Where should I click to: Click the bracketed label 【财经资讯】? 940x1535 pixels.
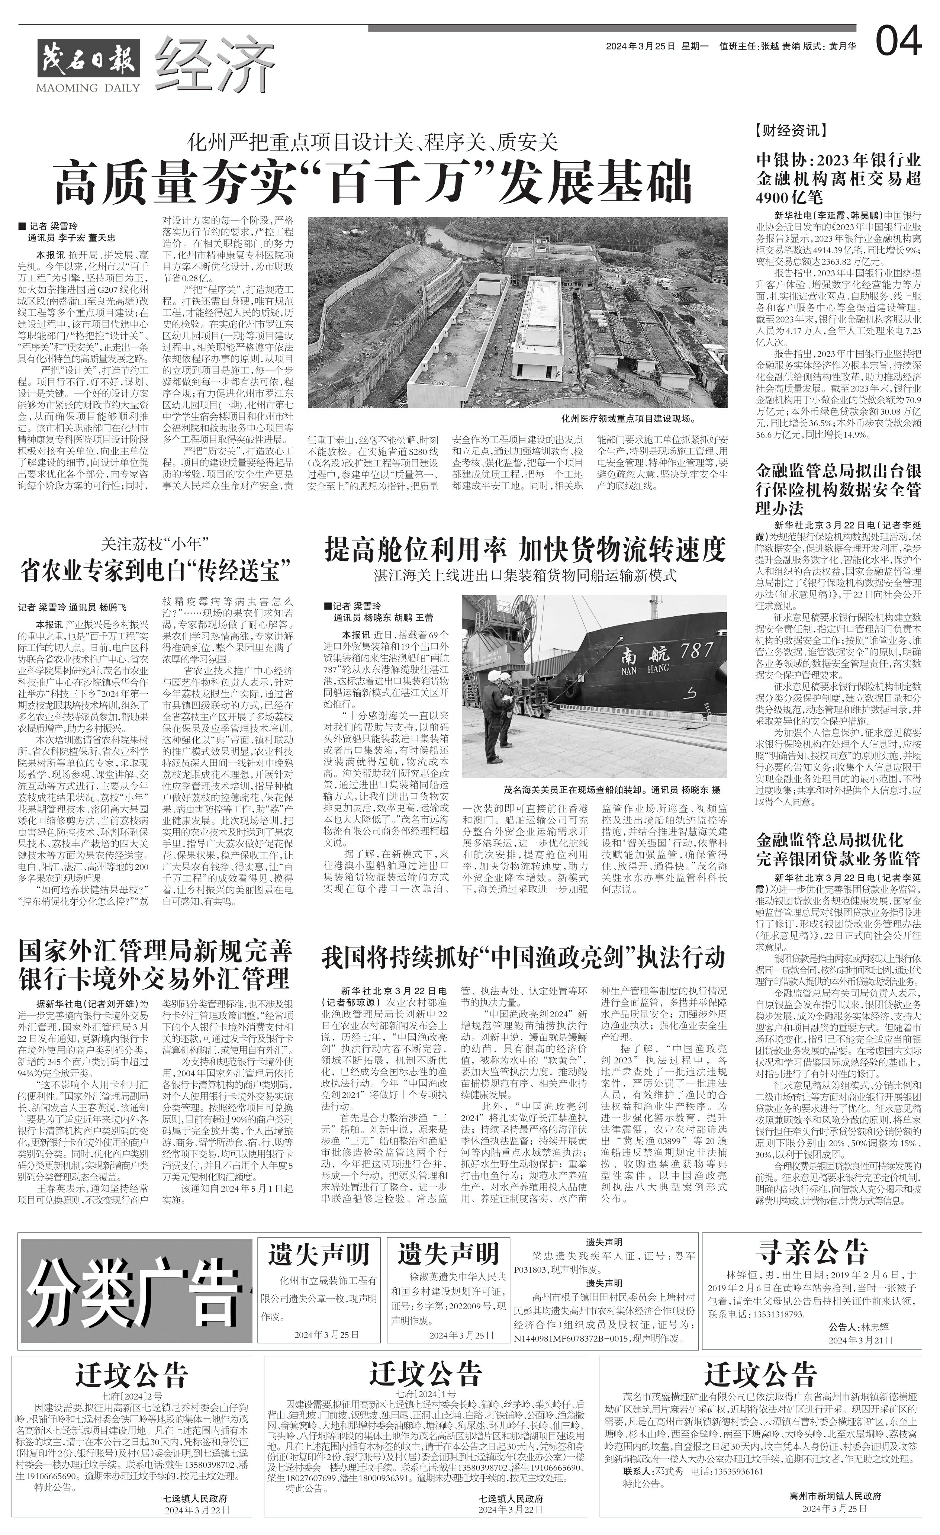tap(791, 131)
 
